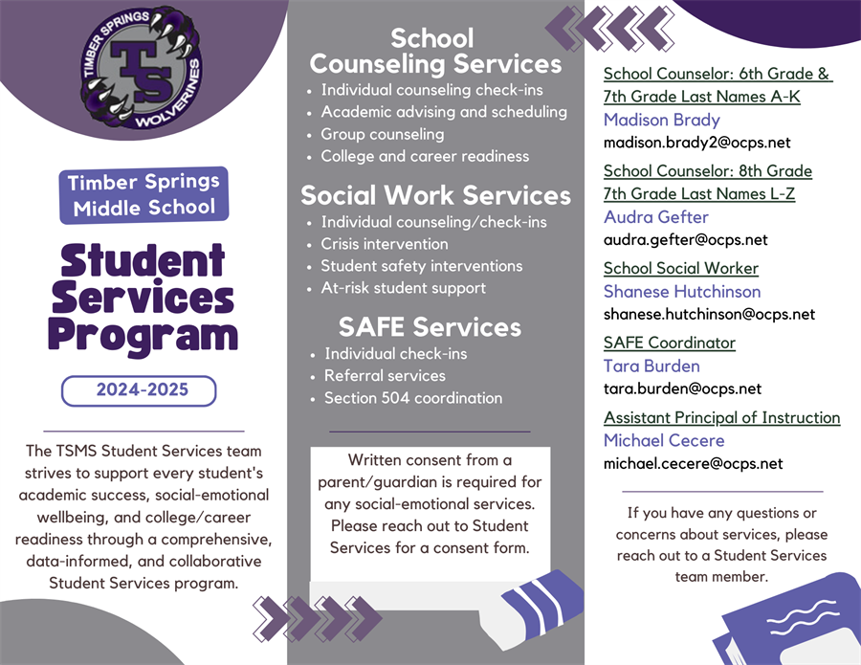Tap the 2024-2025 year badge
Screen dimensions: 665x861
pyautogui.click(x=140, y=390)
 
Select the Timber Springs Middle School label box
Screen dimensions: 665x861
pyautogui.click(x=144, y=195)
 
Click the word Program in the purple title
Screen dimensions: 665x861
pyautogui.click(x=143, y=336)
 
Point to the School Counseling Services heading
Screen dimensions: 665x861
pyautogui.click(x=434, y=51)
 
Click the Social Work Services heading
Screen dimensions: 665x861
pyautogui.click(x=435, y=195)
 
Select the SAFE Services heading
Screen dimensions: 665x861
pyautogui.click(x=430, y=327)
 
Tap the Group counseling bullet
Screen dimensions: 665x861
pyautogui.click(x=382, y=134)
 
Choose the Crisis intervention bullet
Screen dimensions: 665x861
pyautogui.click(x=384, y=244)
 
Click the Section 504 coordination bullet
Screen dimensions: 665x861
pyautogui.click(x=412, y=398)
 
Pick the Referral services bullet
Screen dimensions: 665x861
pyautogui.click(x=385, y=376)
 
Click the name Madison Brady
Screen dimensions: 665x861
pyautogui.click(x=662, y=120)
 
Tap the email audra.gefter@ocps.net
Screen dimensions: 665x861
pyautogui.click(x=686, y=240)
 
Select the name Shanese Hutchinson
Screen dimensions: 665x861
pyautogui.click(x=682, y=291)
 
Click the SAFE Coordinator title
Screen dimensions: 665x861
pyautogui.click(x=670, y=343)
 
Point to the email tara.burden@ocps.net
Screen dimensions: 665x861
pyautogui.click(x=682, y=388)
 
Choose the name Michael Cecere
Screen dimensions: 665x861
pyautogui.click(x=664, y=440)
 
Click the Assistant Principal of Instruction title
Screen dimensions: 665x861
pyautogui.click(x=721, y=417)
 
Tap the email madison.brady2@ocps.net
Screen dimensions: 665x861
pyautogui.click(x=697, y=143)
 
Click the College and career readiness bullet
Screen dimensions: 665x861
pyautogui.click(x=425, y=156)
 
